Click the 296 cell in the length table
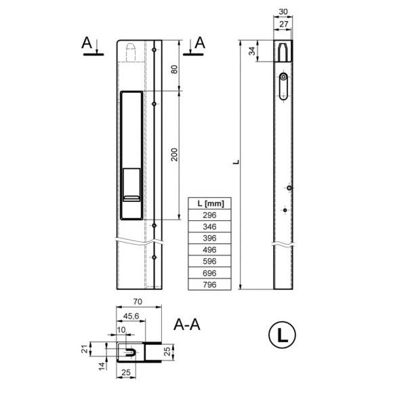(209, 215)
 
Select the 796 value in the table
(209, 285)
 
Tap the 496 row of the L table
(209, 249)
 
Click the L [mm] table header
(209, 203)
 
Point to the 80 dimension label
(174, 69)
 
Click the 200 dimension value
(174, 154)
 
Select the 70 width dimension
(138, 302)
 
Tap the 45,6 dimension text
(131, 316)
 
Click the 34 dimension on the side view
(252, 51)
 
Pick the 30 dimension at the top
(283, 12)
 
